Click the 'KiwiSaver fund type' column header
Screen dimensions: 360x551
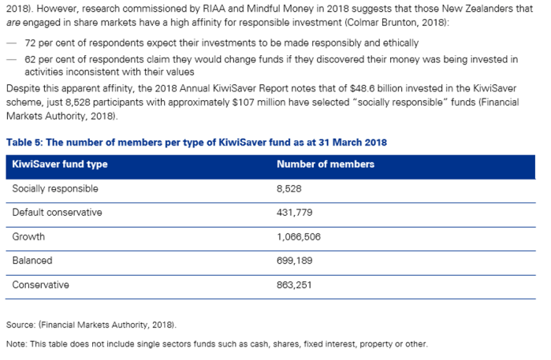60,165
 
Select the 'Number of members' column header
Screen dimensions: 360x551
326,165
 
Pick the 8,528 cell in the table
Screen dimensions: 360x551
290,189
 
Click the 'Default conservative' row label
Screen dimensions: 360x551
57,213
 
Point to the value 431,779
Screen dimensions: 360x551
296,213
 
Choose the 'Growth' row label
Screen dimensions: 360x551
28,236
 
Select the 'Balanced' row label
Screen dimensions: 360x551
32,260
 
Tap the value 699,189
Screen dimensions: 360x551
296,260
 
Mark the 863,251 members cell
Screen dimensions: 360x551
296,284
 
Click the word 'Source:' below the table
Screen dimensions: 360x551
20,325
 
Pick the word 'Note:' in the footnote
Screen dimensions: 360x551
17,344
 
